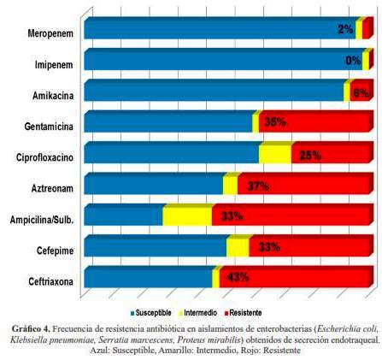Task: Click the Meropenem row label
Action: tap(50, 33)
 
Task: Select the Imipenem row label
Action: tap(54, 65)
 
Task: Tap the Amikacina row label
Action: tap(53, 96)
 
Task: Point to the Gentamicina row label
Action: tap(49, 127)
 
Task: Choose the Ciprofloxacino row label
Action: tap(44, 157)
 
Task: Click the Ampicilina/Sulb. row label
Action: tap(42, 220)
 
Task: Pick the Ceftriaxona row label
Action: tap(50, 281)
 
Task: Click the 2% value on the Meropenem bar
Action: tap(345, 29)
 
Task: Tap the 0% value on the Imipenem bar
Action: tap(353, 61)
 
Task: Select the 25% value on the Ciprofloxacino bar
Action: tap(310, 156)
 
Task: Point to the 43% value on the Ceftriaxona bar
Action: tap(238, 277)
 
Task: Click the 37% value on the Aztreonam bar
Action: tap(258, 186)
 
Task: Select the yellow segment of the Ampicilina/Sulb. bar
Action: tap(187, 216)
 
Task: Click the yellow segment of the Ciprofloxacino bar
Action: tap(275, 154)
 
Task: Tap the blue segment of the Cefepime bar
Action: tap(156, 247)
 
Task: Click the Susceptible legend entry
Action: tap(150, 313)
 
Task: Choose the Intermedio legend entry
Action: tap(198, 313)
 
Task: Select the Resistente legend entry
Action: tap(243, 313)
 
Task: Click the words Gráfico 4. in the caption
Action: tap(31, 329)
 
